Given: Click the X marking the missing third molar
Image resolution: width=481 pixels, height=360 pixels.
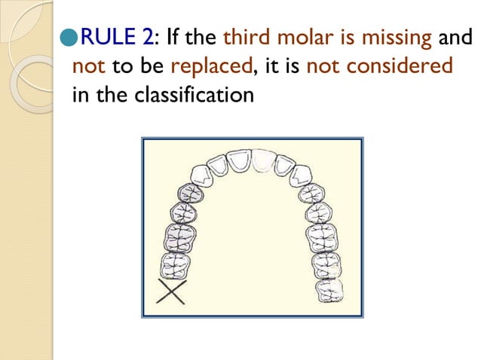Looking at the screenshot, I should point(172,293).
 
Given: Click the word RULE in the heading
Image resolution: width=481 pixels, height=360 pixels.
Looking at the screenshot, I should point(104,35).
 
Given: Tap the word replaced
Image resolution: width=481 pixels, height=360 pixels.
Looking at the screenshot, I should point(210,66).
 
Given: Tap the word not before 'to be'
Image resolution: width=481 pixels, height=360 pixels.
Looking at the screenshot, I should point(89,66).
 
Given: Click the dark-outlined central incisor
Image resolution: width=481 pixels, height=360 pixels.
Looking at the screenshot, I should point(240,160).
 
